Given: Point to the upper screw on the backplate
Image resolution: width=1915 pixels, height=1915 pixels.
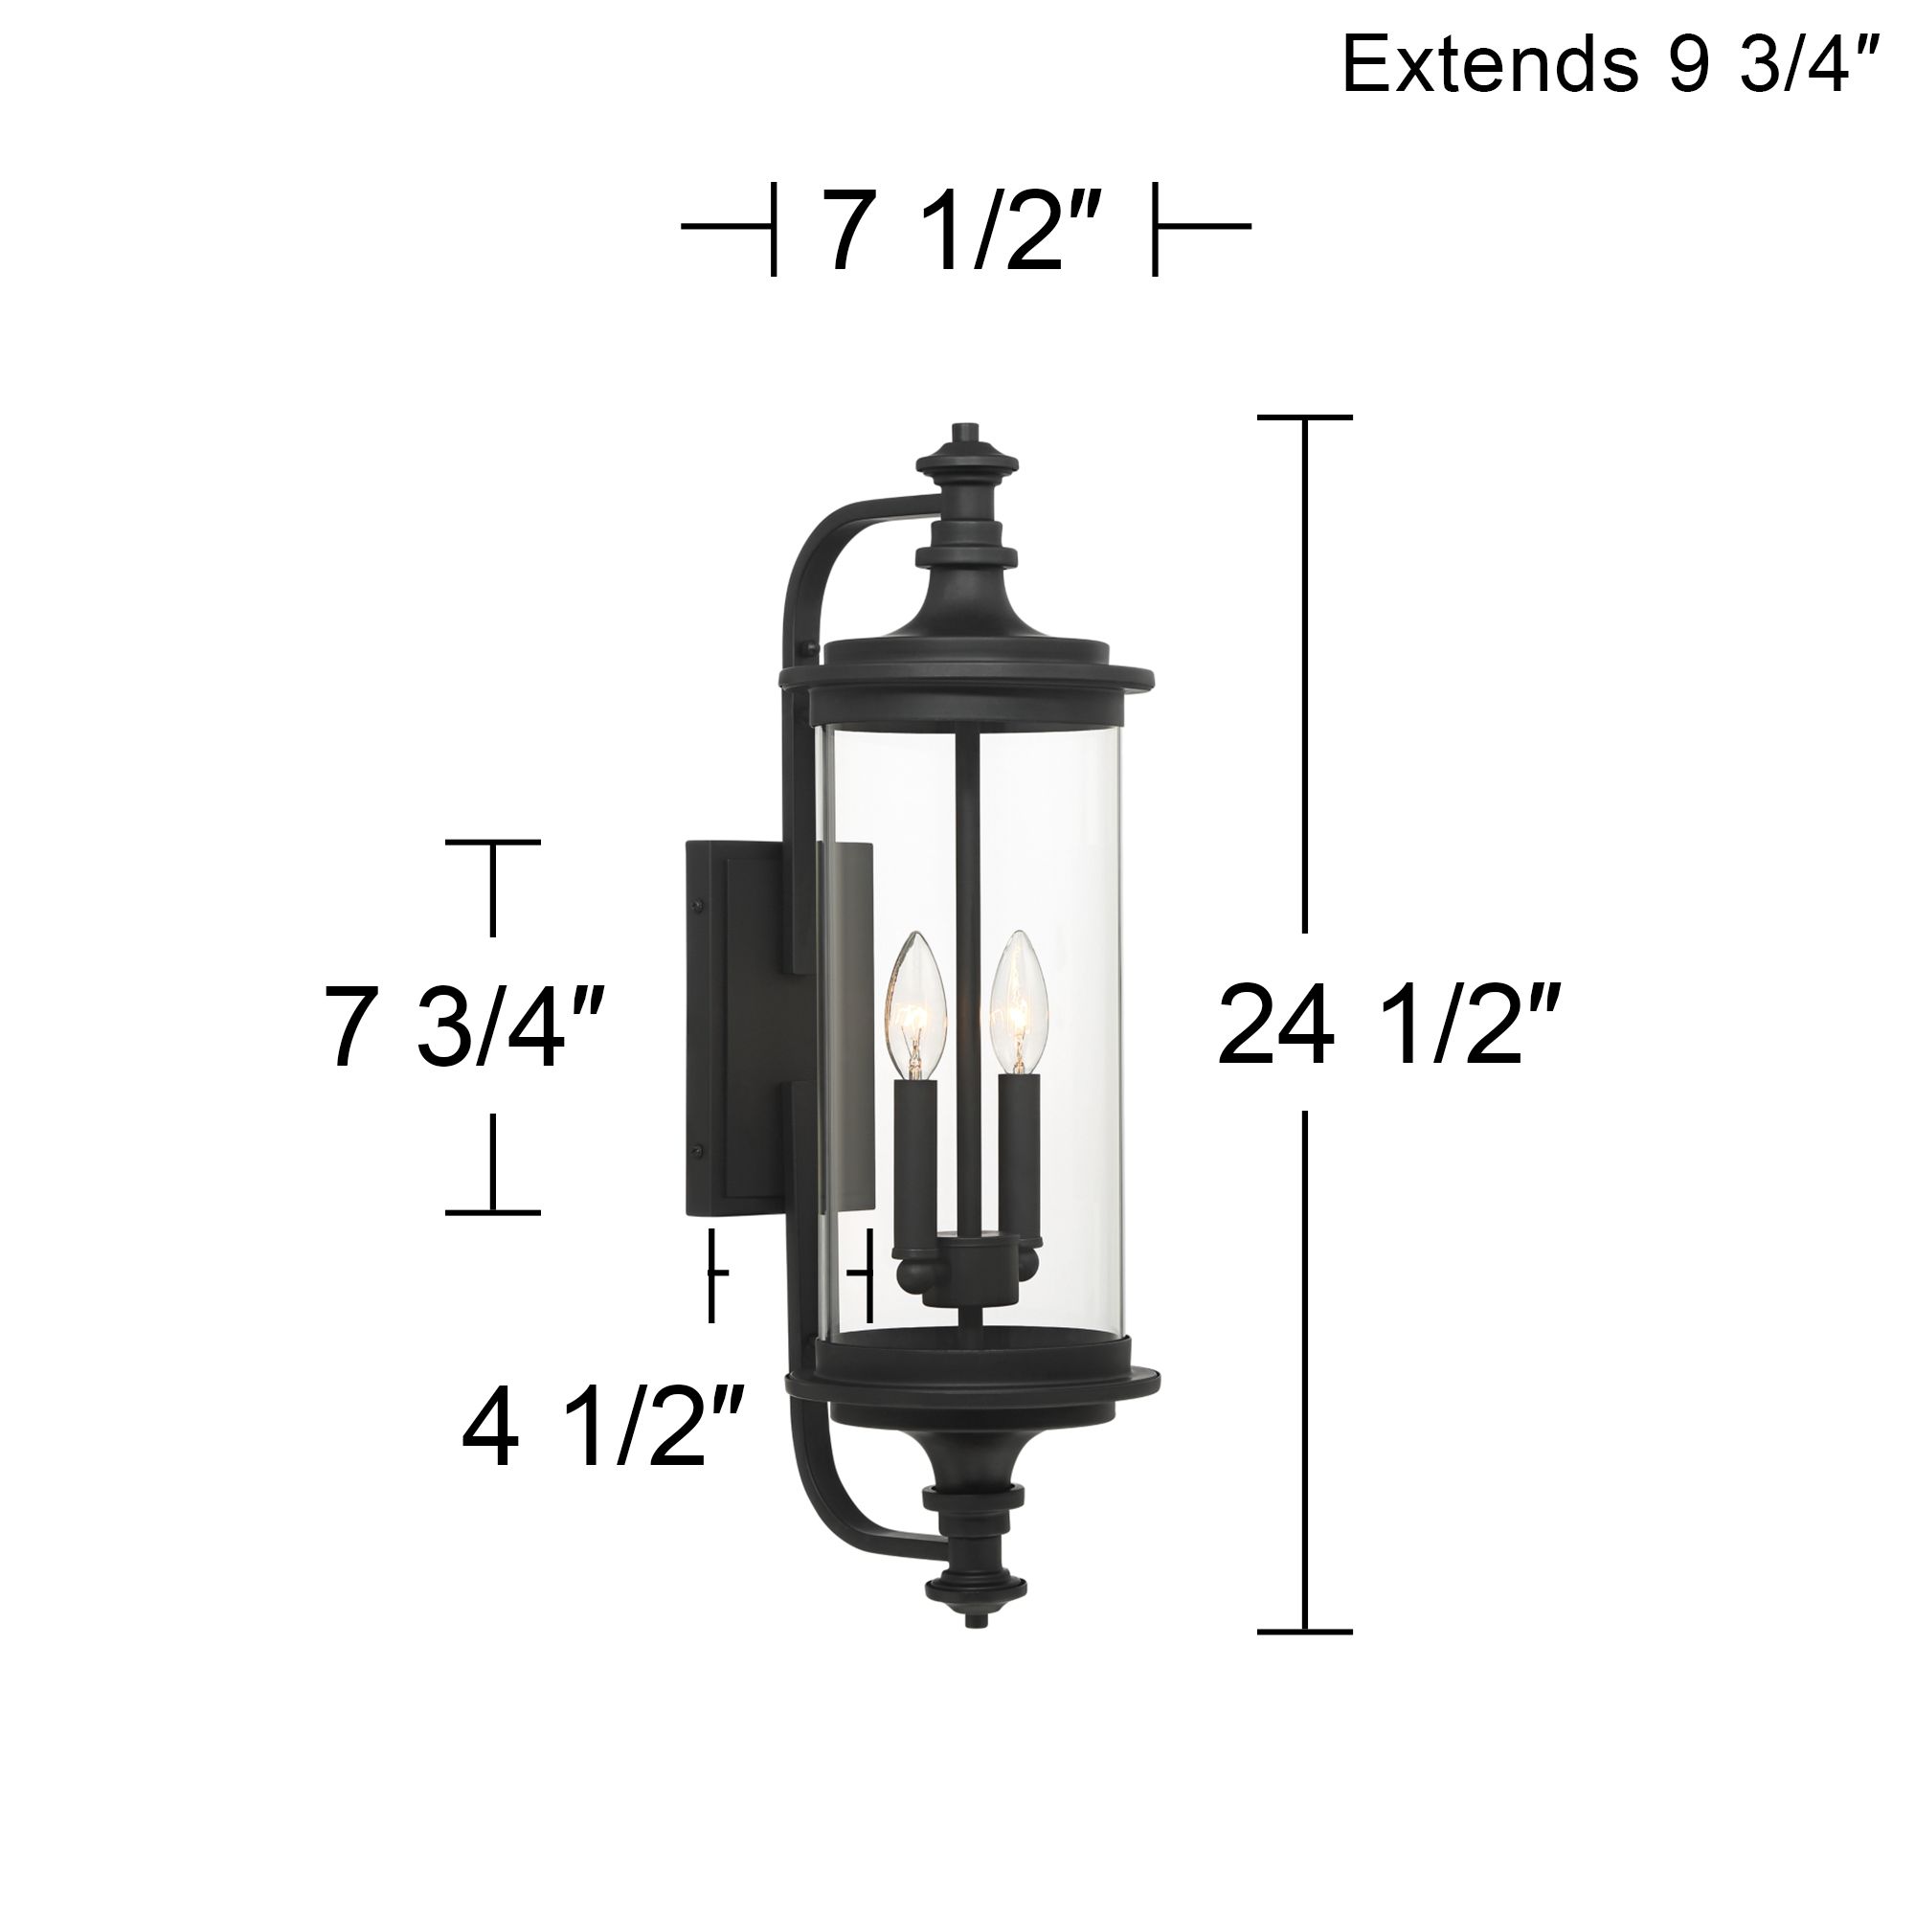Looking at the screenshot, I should pyautogui.click(x=700, y=905).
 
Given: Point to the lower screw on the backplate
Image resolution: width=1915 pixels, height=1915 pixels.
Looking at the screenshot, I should pyautogui.click(x=700, y=1150).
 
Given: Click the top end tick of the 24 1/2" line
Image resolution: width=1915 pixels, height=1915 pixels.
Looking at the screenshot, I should pyautogui.click(x=1304, y=417).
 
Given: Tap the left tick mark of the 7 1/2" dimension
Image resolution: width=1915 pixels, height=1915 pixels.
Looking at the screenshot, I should pyautogui.click(x=772, y=227).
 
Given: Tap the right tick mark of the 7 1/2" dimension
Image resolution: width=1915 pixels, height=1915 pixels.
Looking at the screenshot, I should pyautogui.click(x=1155, y=227).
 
